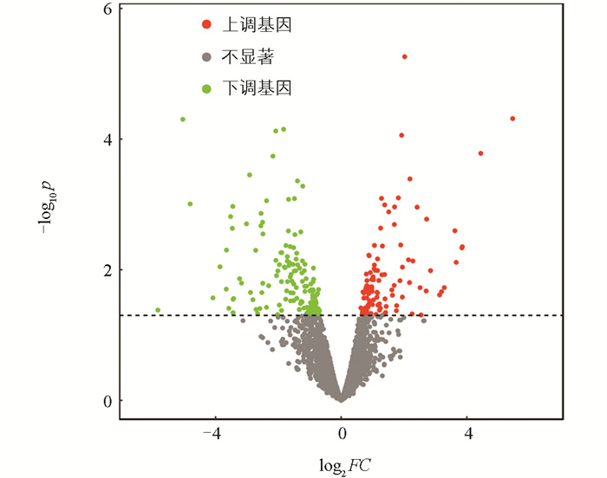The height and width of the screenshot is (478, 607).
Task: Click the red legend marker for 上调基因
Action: click(206, 25)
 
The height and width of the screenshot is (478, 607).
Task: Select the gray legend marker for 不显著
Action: click(206, 57)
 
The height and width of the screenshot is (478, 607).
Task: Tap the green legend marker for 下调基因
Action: click(206, 88)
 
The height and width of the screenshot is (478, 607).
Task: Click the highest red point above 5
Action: click(404, 56)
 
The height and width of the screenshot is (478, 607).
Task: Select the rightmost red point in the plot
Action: click(512, 119)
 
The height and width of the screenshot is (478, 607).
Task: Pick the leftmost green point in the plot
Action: click(158, 310)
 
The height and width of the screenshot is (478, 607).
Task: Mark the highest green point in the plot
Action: click(183, 119)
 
